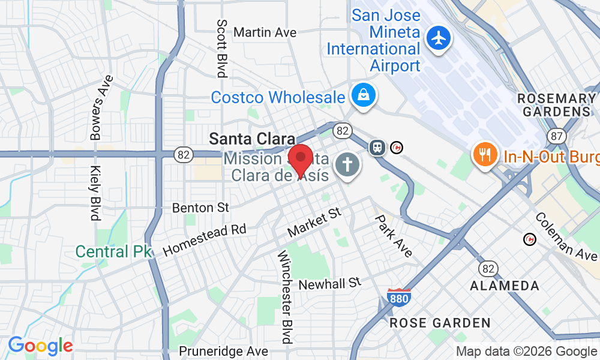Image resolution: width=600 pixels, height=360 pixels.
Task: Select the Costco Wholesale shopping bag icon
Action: point(363,95)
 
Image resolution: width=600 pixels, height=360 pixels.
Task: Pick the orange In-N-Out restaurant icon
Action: point(483,155)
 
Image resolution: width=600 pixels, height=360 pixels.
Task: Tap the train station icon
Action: point(377,146)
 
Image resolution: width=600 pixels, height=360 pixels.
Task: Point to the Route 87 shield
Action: point(557,136)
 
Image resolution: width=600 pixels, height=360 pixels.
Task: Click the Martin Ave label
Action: point(265,32)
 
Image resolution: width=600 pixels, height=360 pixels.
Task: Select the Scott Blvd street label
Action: point(222,48)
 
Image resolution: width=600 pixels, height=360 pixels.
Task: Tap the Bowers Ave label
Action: point(101,108)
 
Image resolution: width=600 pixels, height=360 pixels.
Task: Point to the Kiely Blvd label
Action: point(95,193)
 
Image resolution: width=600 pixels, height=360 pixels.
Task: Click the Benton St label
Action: point(200,208)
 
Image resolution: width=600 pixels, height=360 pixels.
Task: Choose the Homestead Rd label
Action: point(205,239)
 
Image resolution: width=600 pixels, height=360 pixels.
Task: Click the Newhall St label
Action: point(330,283)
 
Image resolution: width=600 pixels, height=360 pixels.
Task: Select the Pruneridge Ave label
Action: point(223,350)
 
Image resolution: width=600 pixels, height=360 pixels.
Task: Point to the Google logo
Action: point(40,346)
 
